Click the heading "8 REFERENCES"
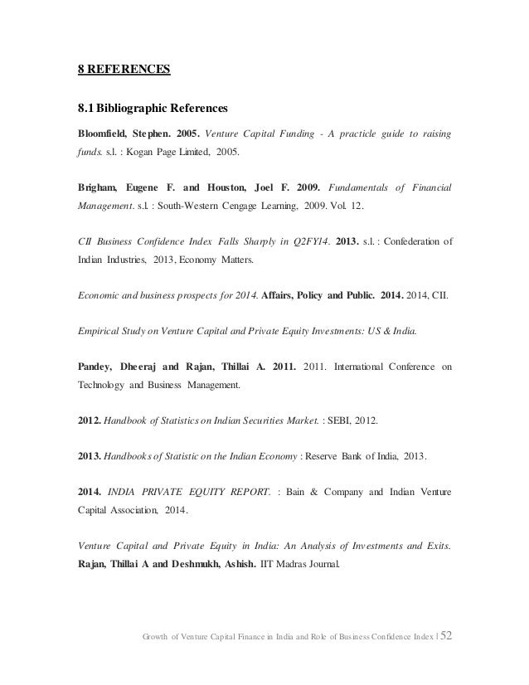click(x=119, y=70)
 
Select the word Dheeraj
click(x=145, y=365)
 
